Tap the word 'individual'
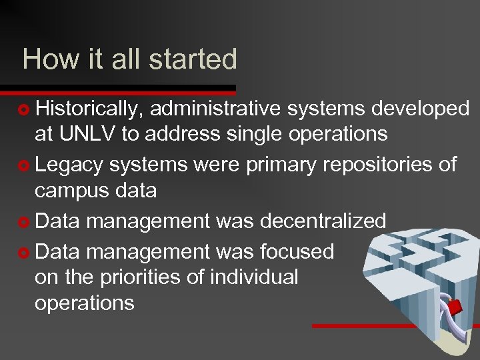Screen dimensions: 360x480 [254, 277]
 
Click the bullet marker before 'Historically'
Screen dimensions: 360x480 [25, 109]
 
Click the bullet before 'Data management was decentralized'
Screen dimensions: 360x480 [25, 221]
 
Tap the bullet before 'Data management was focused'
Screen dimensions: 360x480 [25, 252]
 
